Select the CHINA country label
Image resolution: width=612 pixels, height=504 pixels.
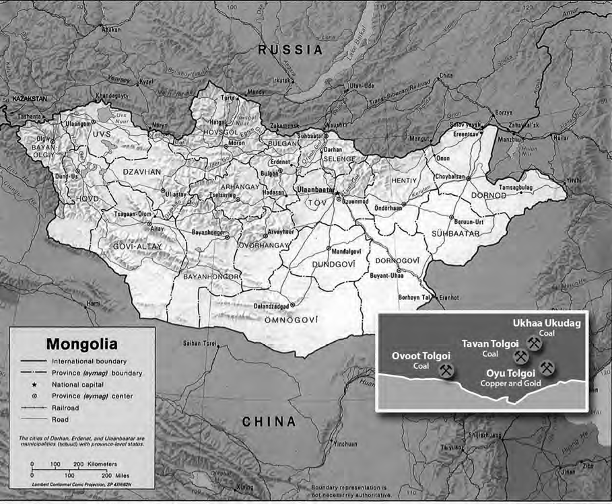click(268, 422)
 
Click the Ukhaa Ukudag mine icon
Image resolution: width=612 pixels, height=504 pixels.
click(535, 344)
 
